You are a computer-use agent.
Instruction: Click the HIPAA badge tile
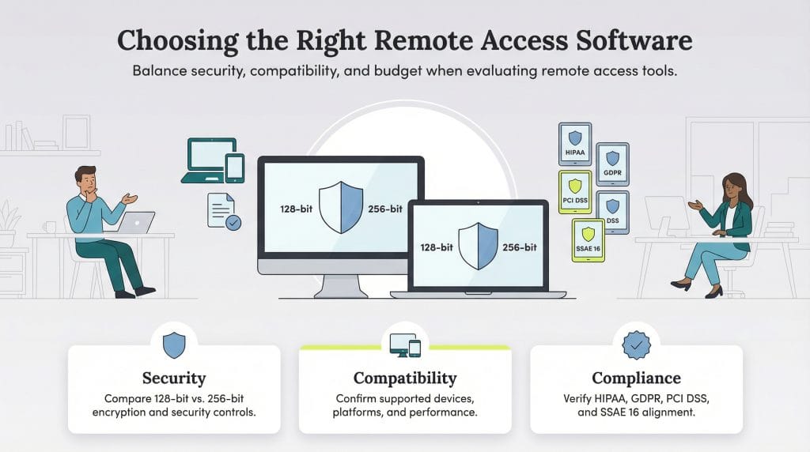pos(574,144)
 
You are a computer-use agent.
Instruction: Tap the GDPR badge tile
pos(611,164)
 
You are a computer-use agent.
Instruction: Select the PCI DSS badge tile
pos(574,192)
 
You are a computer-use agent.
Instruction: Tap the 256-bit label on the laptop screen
pos(520,247)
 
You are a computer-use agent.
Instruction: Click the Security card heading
pos(174,378)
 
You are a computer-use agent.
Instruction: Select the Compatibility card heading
pos(404,378)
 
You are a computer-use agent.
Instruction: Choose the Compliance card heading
pos(636,378)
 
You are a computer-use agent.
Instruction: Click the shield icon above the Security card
pos(174,345)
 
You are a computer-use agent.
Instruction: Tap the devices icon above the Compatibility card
pos(405,344)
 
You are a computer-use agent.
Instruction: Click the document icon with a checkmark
pos(223,211)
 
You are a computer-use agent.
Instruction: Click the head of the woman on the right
pos(735,187)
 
